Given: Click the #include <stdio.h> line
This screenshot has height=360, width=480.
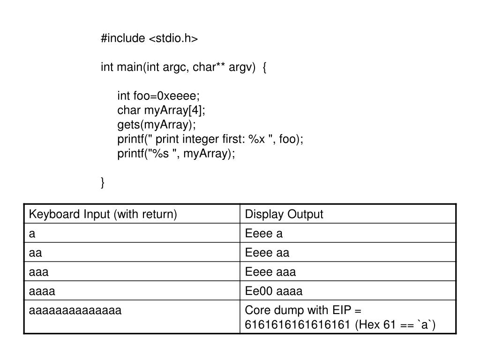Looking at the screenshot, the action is (x=149, y=38).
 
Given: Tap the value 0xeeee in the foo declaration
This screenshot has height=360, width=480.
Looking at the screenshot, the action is (x=178, y=96).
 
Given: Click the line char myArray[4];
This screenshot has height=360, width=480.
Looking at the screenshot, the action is (x=161, y=110).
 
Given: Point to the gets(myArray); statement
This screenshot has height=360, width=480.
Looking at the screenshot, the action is (x=157, y=125).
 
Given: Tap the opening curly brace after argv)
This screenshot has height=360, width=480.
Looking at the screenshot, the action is (x=264, y=67).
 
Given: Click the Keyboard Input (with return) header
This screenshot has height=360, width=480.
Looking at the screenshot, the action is (x=103, y=214).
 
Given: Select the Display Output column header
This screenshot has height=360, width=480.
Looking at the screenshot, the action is (x=284, y=214).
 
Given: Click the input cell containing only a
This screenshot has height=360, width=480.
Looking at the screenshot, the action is (x=32, y=234).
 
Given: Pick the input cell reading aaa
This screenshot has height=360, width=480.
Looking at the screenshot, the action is (x=39, y=272).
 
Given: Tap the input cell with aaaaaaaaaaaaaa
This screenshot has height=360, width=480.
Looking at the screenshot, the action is (x=75, y=310).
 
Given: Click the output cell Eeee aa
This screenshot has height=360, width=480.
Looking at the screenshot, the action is (x=267, y=253).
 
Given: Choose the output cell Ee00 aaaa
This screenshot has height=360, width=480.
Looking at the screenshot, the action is (x=274, y=291).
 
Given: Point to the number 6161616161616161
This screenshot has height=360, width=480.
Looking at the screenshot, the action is (x=297, y=325).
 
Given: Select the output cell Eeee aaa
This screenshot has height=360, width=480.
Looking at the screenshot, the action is (x=270, y=272).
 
